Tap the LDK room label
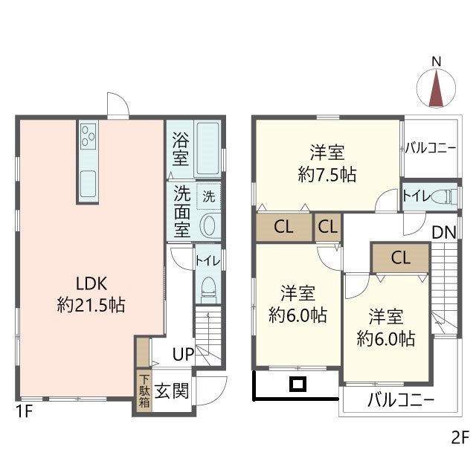tap(91, 283)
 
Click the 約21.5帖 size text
tap(91, 304)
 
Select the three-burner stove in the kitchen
tap(89, 136)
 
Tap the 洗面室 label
tap(181, 211)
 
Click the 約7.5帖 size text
tap(327, 175)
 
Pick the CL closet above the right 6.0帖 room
tap(400, 259)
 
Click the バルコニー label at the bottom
tap(401, 401)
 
